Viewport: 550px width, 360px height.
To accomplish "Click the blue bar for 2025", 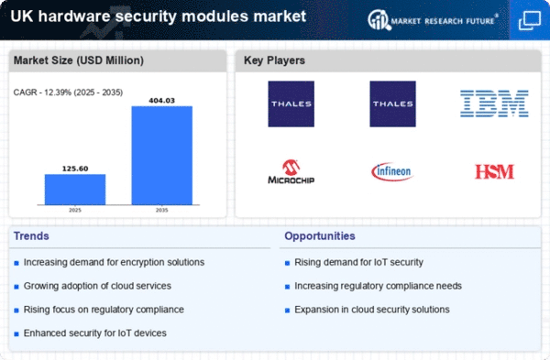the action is (75, 190).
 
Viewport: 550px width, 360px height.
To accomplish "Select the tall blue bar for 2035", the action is (161, 156).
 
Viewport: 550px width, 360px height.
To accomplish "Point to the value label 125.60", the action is (75, 169).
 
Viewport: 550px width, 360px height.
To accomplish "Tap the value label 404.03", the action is (161, 101).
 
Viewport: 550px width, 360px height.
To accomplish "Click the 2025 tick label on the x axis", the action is (75, 210).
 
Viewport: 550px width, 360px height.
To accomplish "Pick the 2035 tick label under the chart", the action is (161, 210).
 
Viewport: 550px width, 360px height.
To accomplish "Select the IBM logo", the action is (494, 104).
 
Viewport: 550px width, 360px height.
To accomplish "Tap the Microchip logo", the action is (291, 172).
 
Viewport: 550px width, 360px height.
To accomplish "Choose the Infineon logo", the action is (392, 171).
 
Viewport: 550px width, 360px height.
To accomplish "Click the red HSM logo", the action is (494, 171).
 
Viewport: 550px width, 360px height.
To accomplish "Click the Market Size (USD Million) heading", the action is (79, 60).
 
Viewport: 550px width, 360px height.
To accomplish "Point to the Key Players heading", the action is (274, 60).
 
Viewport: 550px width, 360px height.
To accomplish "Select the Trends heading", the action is (31, 236).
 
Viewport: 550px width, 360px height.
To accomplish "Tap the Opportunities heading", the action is (320, 236).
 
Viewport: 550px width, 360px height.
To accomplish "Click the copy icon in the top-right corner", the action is (530, 20).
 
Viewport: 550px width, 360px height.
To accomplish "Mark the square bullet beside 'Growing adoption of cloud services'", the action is (16, 287).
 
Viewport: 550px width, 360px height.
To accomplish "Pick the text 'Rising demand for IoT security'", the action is (358, 262).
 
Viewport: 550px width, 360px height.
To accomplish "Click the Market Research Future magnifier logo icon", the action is (379, 20).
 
